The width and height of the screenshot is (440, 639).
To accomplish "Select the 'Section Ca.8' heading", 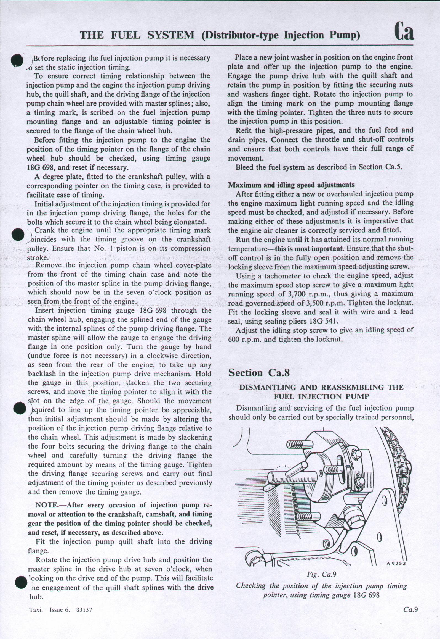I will [259, 373].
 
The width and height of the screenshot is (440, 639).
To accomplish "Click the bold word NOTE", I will [46, 505].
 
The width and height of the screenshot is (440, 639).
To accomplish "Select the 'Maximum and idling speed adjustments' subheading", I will [291, 185].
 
